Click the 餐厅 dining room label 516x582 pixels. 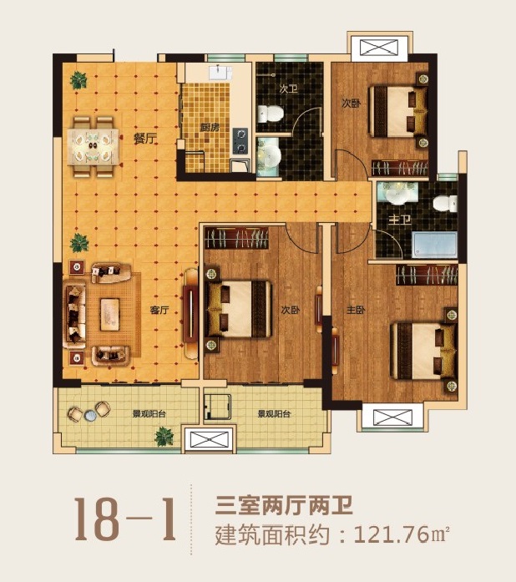coord(144,139)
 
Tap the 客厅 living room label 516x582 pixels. coord(159,310)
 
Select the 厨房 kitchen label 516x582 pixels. coord(210,128)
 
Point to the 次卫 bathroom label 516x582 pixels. coord(288,89)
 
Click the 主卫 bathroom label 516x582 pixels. coord(399,220)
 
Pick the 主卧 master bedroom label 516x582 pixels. coord(356,310)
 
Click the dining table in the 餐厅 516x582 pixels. coord(94,147)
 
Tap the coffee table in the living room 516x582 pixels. coord(110,315)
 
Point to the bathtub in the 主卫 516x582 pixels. coord(434,245)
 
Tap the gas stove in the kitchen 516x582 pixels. coord(240,141)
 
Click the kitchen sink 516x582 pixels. coord(220,73)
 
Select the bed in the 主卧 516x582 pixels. coord(423,351)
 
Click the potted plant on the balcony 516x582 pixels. coord(164,437)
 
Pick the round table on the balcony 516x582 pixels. coord(90,415)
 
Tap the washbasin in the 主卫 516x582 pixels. coord(397,194)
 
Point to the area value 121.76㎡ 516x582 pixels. coord(402,535)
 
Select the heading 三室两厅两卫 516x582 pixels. coord(284,505)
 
